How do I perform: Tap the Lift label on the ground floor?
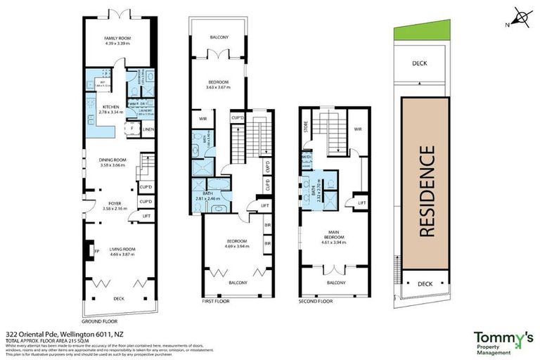pyautogui.click(x=146, y=215)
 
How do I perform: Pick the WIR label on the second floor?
pyautogui.click(x=357, y=129)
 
